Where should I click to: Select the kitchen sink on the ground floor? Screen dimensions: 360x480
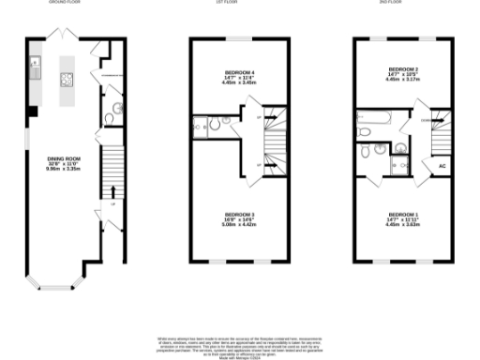click(34, 65)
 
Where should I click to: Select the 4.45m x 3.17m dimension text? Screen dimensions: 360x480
click(400, 81)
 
